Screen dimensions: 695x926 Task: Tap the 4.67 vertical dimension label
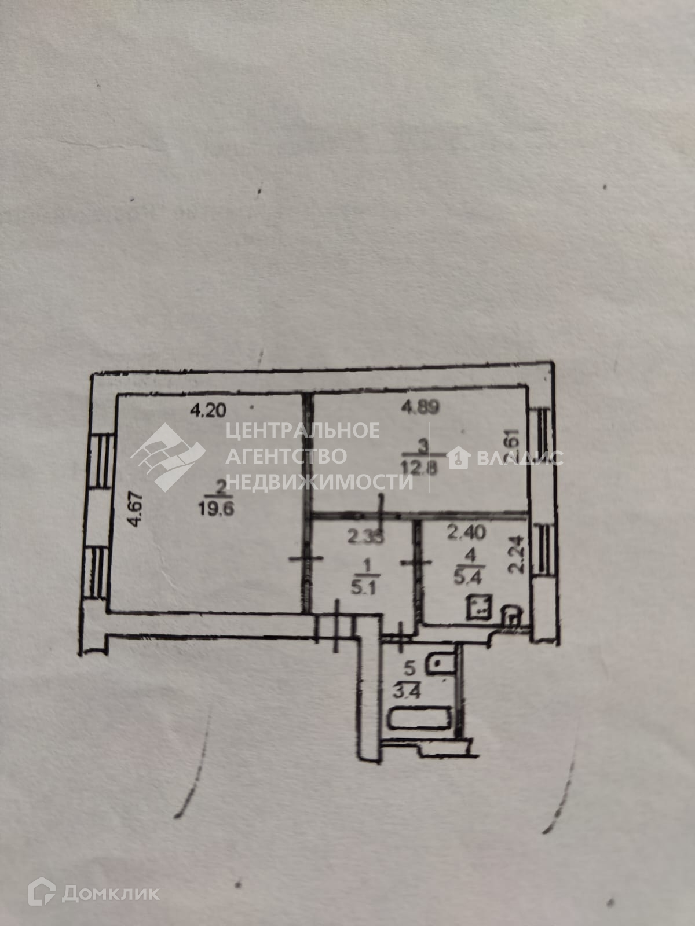[x=136, y=509]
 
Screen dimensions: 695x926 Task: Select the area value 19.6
[x=216, y=510]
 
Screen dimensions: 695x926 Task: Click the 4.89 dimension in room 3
[x=420, y=407]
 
